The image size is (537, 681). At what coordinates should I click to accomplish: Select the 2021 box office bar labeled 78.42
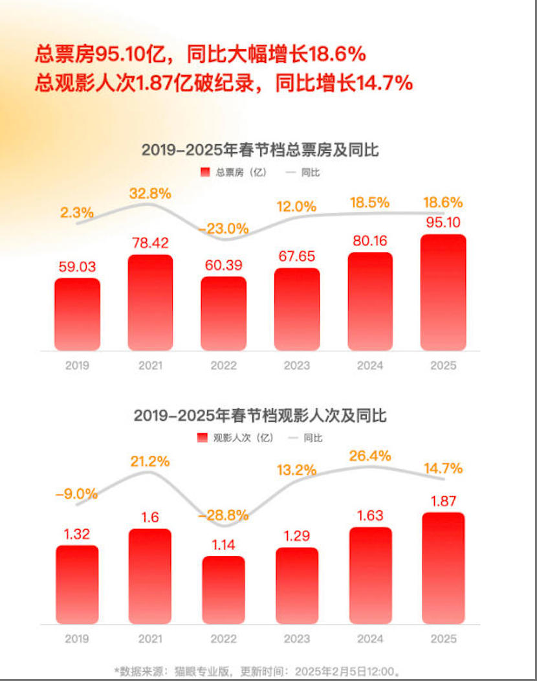[150, 302]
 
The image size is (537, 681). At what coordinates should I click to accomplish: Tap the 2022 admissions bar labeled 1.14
[223, 590]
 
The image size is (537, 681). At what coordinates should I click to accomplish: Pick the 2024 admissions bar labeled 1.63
[370, 575]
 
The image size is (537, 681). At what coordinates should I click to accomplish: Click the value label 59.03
[77, 267]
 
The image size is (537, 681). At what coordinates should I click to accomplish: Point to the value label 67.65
[297, 257]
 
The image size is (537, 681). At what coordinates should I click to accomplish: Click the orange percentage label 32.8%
[150, 193]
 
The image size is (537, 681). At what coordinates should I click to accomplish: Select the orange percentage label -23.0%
[223, 228]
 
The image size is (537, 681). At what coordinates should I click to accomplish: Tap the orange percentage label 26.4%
[370, 456]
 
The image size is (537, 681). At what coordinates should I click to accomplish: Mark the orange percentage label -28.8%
[223, 515]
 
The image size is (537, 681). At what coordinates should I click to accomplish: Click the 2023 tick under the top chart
[297, 366]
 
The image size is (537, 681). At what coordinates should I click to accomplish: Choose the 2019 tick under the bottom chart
[77, 639]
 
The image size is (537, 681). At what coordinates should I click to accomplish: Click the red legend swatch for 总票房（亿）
[205, 173]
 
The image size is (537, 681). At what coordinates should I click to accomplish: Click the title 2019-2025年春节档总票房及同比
[260, 150]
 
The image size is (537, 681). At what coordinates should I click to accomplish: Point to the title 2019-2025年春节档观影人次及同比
[260, 416]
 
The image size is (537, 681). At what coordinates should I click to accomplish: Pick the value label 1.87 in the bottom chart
[443, 500]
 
